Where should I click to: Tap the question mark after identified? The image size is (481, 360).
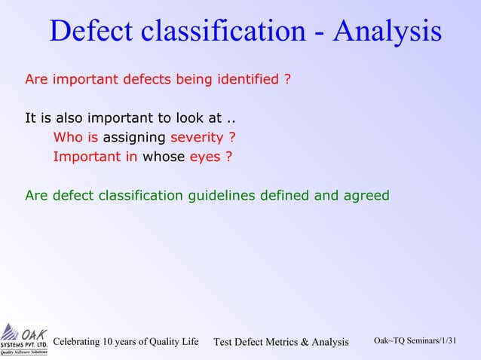pos(287,78)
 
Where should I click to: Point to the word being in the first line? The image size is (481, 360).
pos(196,78)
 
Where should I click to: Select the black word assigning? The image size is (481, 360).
pos(134,138)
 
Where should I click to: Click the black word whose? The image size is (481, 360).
pos(164,157)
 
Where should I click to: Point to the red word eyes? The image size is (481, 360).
pos(204,157)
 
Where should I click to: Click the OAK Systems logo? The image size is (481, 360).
pos(24,339)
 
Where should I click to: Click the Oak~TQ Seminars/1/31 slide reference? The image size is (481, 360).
pos(415,341)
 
